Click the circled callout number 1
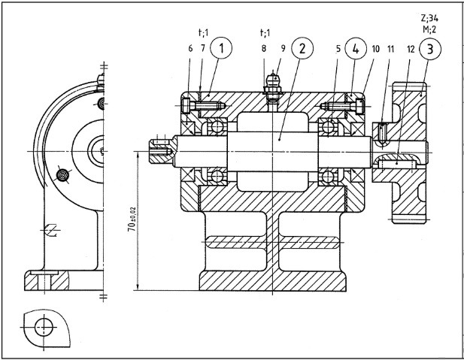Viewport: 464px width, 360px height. point(221,48)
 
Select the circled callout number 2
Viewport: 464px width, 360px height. point(302,48)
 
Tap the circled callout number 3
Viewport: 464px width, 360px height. point(430,49)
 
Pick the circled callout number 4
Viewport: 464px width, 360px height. point(356,49)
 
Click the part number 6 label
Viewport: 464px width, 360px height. point(190,48)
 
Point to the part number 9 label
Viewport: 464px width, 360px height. point(284,48)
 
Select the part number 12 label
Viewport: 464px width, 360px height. point(411,49)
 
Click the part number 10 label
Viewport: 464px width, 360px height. point(375,49)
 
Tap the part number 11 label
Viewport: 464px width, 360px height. point(391,49)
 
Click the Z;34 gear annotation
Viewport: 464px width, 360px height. point(429,18)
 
